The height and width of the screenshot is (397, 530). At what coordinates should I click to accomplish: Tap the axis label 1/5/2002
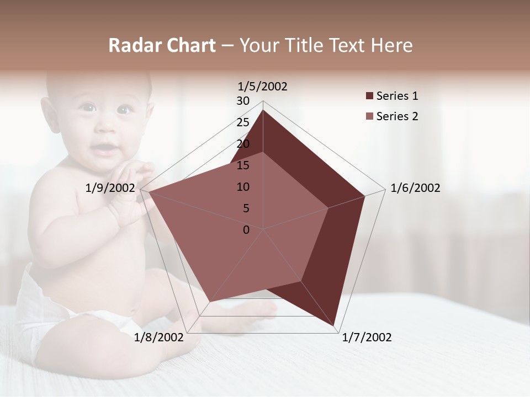click(x=263, y=86)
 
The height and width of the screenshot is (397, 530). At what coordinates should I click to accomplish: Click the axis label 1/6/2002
click(x=415, y=188)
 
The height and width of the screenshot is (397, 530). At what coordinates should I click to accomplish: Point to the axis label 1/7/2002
click(x=367, y=337)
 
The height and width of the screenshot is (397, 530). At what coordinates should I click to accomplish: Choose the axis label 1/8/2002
click(x=158, y=337)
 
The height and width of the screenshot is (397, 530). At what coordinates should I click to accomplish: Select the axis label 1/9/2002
click(x=110, y=188)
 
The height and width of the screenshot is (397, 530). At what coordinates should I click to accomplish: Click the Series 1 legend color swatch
click(x=369, y=96)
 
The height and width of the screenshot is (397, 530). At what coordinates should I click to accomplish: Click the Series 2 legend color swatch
click(x=369, y=116)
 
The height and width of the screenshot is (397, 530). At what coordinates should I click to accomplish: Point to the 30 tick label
click(x=243, y=101)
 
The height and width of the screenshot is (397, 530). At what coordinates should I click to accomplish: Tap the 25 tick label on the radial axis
click(x=243, y=122)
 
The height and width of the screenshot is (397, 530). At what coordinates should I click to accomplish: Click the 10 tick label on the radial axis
click(x=243, y=187)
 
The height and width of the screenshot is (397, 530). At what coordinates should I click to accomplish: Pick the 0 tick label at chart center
click(x=246, y=230)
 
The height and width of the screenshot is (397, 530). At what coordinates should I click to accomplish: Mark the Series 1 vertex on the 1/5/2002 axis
click(x=263, y=110)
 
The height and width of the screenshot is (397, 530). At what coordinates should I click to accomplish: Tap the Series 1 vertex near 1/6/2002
click(x=364, y=196)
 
